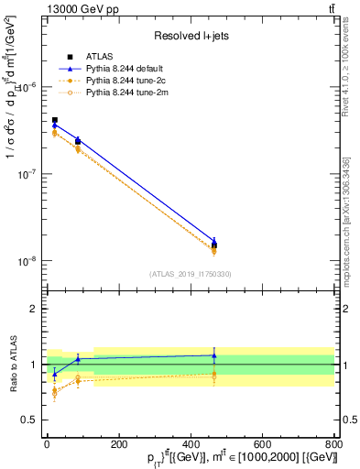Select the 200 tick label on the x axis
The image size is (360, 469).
(x=118, y=444)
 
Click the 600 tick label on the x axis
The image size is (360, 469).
(x=262, y=444)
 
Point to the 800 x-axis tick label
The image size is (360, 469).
(x=333, y=444)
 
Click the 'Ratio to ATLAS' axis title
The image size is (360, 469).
(x=11, y=365)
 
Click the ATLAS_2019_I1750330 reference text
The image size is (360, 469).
(x=190, y=274)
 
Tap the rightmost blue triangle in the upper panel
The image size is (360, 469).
(x=214, y=242)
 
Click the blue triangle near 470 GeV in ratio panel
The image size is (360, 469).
(x=214, y=355)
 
